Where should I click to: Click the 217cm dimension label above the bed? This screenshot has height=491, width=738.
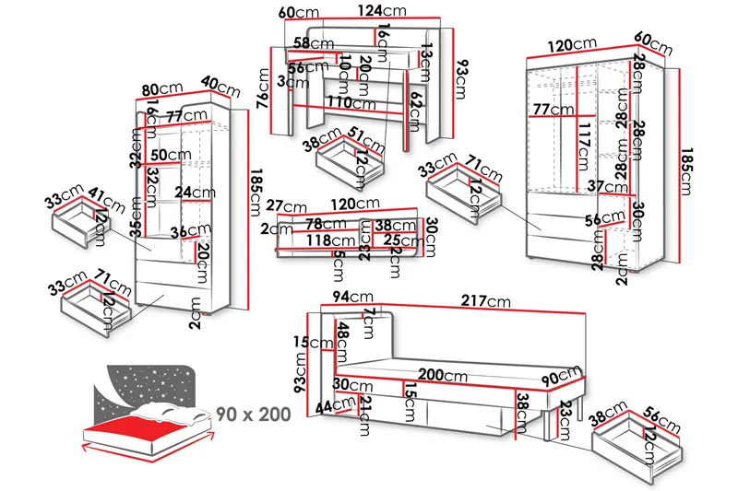487,301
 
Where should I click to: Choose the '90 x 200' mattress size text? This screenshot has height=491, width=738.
254,414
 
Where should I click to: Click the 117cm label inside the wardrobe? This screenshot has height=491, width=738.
582,146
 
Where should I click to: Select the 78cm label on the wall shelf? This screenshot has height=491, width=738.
327,224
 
